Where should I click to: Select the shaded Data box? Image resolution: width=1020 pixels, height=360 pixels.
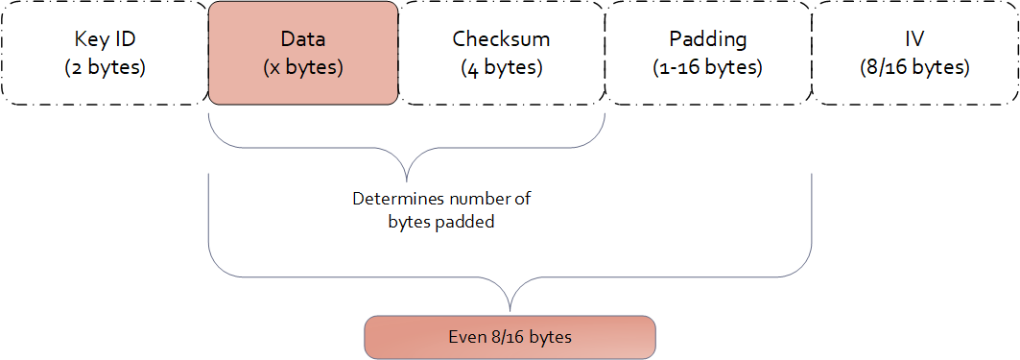coord(302,53)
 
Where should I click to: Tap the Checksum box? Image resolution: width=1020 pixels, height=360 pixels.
coord(501,53)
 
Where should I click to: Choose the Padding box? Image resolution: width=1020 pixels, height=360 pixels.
coord(707,53)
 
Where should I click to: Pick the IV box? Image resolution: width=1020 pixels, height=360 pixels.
coord(914,53)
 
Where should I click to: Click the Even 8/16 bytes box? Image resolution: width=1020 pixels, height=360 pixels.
coord(510,337)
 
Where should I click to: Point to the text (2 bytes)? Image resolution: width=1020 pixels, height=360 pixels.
coord(105,68)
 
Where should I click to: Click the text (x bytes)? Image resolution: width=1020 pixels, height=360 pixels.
coord(303,68)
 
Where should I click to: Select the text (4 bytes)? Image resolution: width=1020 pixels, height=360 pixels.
coord(501,68)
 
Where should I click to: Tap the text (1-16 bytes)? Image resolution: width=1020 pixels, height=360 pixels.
coord(707,68)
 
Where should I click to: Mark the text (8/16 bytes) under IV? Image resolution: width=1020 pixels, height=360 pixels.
coord(914,68)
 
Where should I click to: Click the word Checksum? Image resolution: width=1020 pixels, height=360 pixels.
coord(501,39)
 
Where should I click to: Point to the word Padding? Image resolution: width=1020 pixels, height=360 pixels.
coord(707,39)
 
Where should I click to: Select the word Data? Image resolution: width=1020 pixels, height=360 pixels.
coord(303,39)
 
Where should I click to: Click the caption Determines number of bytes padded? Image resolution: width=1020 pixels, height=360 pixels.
coord(441,210)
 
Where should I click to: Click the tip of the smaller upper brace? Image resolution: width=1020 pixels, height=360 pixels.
coord(408,180)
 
